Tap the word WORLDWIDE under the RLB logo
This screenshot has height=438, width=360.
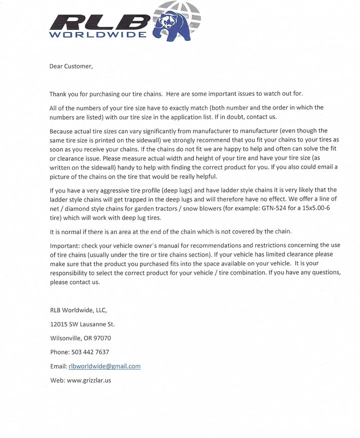tap(98, 35)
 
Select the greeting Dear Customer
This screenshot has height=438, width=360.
tap(71, 66)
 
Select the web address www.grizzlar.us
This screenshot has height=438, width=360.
tap(88, 380)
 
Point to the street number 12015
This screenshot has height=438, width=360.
tap(59, 324)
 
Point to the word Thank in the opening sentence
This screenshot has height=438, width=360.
tap(58, 94)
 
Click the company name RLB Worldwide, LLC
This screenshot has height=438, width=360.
tap(78, 310)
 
